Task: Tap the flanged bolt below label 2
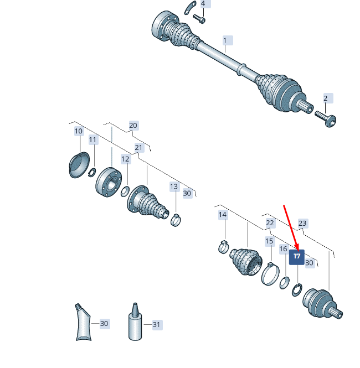pyautogui.click(x=326, y=118)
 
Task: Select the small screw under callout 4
pyautogui.click(x=199, y=19)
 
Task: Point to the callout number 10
pyautogui.click(x=79, y=131)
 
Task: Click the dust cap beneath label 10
pyautogui.click(x=79, y=165)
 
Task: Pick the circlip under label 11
pyautogui.click(x=92, y=173)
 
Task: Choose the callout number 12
pyautogui.click(x=125, y=159)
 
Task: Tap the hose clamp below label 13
pyautogui.click(x=176, y=220)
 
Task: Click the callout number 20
pyautogui.click(x=133, y=125)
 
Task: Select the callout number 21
pyautogui.click(x=138, y=147)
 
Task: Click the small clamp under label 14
pyautogui.click(x=223, y=247)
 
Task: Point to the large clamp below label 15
pyautogui.click(x=270, y=274)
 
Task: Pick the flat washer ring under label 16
pyautogui.click(x=284, y=283)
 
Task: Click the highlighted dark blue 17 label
pyautogui.click(x=297, y=257)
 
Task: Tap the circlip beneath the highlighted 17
pyautogui.click(x=297, y=290)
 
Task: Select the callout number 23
pyautogui.click(x=302, y=223)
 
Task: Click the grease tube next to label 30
pyautogui.click(x=84, y=322)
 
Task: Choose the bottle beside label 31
pyautogui.click(x=135, y=322)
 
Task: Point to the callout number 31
pyautogui.click(x=156, y=325)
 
